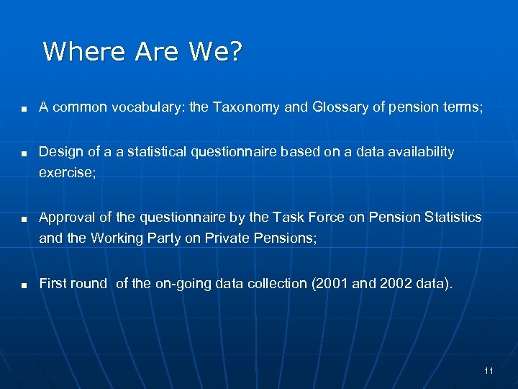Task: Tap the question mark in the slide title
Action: (x=236, y=52)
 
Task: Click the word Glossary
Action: (x=340, y=108)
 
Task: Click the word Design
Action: (x=60, y=152)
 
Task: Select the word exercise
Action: (x=64, y=173)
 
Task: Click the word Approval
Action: (x=65, y=218)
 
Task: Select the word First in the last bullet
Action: (x=52, y=284)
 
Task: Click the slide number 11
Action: (x=489, y=371)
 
